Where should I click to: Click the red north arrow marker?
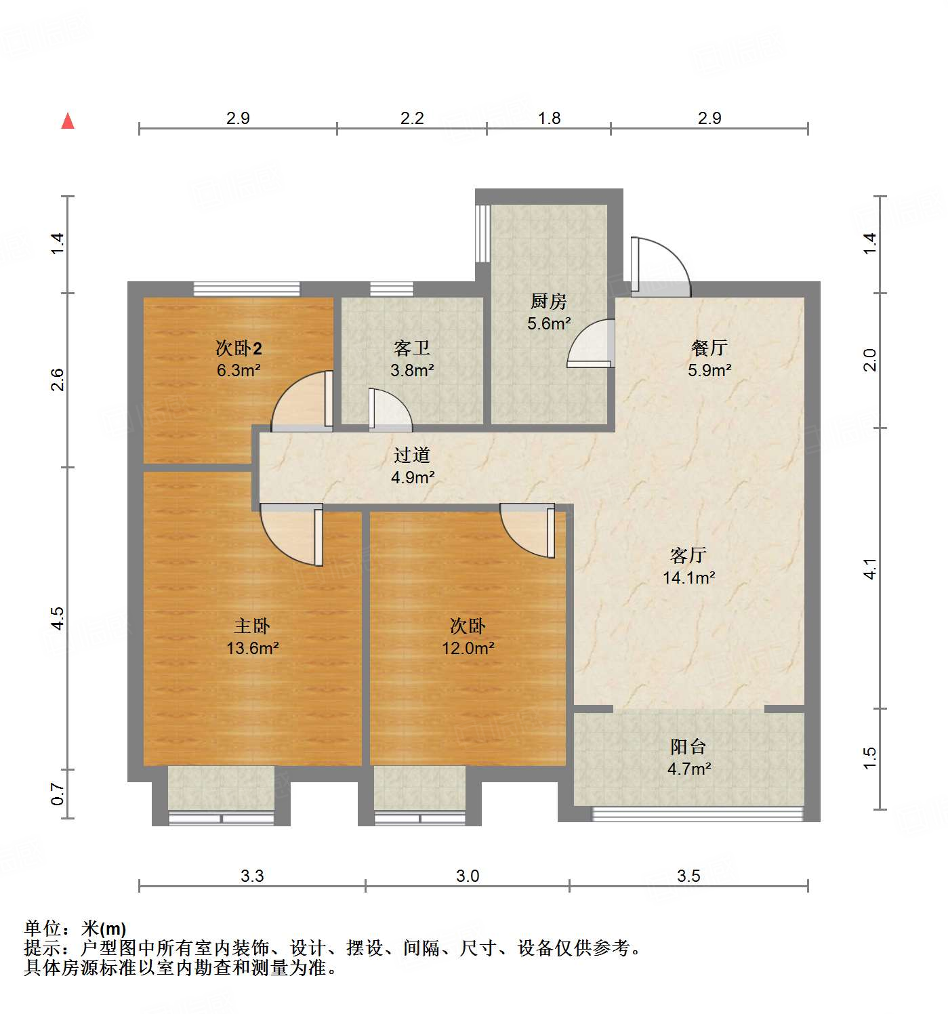[68, 121]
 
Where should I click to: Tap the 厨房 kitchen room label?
[548, 300]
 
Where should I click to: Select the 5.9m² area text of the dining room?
[709, 370]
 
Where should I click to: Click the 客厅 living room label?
[688, 555]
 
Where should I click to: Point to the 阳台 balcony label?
[688, 746]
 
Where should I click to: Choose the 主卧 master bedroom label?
[252, 626]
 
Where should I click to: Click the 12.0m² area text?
[468, 648]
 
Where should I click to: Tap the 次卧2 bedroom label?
[239, 348]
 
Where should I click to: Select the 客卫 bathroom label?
[411, 348]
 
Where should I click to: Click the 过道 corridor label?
[411, 455]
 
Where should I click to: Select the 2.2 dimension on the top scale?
[411, 118]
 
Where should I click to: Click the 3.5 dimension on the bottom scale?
[688, 876]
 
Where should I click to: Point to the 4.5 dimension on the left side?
[58, 618]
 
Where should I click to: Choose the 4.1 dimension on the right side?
[870, 568]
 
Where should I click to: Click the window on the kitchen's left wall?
[482, 233]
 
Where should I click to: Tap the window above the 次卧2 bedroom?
[247, 289]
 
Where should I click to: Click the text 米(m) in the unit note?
[104, 928]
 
